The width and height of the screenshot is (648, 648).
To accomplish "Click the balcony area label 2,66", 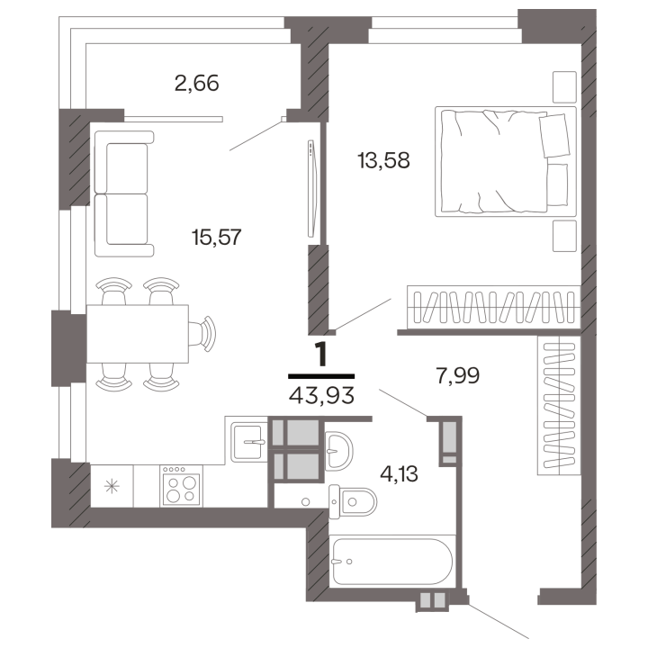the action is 197,84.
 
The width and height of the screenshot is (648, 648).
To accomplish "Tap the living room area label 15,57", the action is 217,238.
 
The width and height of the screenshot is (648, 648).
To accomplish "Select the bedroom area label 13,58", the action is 384,160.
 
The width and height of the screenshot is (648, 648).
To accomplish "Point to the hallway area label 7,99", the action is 458,375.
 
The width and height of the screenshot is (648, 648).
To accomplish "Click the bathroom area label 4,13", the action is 400,474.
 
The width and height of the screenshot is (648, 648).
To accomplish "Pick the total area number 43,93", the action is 321,396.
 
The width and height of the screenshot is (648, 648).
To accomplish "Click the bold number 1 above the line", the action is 321,355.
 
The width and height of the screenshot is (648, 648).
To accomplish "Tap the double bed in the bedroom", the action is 506,162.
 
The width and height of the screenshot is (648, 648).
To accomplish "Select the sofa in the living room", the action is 124,193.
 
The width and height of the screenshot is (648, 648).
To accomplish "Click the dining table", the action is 138,334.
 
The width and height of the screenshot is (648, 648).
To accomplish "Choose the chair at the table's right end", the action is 202,334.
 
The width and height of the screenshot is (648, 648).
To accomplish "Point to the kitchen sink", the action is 248,442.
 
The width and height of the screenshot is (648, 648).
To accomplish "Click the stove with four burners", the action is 182,486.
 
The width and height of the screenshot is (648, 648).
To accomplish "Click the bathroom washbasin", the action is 339,451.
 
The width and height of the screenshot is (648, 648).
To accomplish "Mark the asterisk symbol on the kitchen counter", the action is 112,486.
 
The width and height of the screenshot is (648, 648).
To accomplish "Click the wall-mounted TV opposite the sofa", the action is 312,188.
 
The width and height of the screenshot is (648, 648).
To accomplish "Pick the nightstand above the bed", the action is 564,86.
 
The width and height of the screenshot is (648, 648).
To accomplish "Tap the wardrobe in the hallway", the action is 559,405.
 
